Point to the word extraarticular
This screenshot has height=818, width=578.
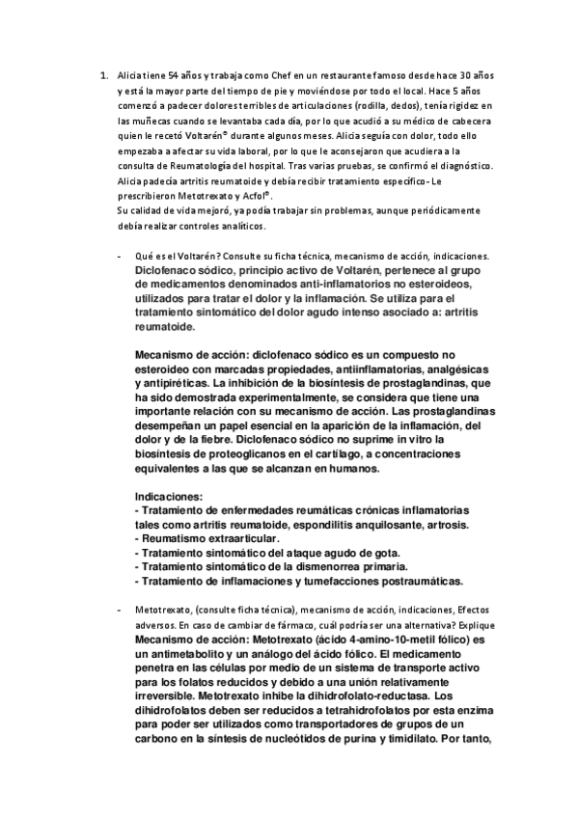(236, 537)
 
